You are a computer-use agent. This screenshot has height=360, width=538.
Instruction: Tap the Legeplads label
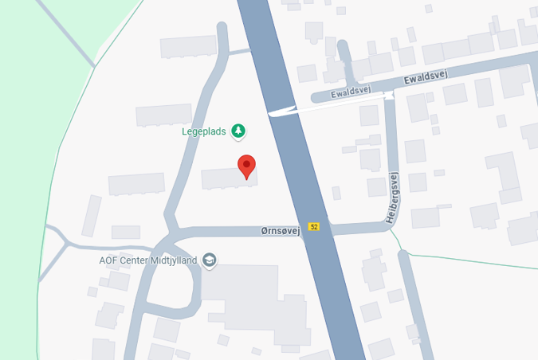(204, 131)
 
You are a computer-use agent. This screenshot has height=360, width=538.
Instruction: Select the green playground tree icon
(238, 131)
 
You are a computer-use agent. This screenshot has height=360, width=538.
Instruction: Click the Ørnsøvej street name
(280, 230)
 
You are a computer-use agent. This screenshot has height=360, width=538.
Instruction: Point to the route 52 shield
(315, 227)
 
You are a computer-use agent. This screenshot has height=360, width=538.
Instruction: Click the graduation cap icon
(209, 260)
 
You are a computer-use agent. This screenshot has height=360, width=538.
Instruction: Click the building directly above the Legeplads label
(163, 115)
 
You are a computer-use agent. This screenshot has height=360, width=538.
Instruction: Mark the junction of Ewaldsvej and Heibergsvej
(390, 95)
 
